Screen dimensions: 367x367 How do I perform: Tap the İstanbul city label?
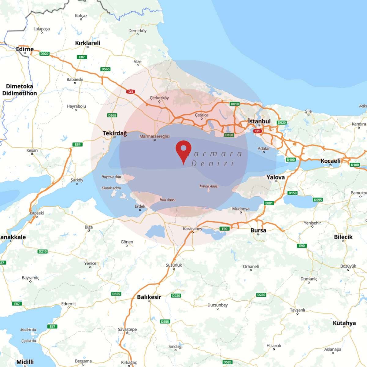pyautogui.click(x=259, y=121)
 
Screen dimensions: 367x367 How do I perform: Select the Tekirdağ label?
pyautogui.click(x=114, y=133)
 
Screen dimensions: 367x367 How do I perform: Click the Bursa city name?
pyautogui.click(x=258, y=230)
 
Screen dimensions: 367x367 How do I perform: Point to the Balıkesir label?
pyautogui.click(x=149, y=297)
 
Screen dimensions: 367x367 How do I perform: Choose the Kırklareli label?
pyautogui.click(x=88, y=43)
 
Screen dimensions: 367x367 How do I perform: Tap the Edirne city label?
pyautogui.click(x=25, y=49)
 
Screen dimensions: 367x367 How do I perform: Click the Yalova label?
pyautogui.click(x=275, y=177)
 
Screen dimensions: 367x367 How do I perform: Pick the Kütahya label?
pyautogui.click(x=344, y=323)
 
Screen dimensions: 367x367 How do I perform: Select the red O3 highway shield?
pyautogui.click(x=131, y=92)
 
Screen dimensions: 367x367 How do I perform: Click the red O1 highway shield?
pyautogui.click(x=257, y=131)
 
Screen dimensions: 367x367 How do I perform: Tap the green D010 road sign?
pyautogui.click(x=235, y=104)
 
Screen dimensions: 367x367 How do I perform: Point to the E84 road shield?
pyautogui.click(x=78, y=144)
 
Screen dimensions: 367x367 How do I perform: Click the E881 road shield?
pyautogui.click(x=269, y=203)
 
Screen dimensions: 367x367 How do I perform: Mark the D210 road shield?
pyautogui.click(x=43, y=251)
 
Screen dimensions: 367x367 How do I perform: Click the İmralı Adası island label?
pyautogui.click(x=209, y=186)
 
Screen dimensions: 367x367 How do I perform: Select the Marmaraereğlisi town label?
pyautogui.click(x=154, y=136)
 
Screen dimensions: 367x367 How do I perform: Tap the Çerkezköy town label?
pyautogui.click(x=159, y=98)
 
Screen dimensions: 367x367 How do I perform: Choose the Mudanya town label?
pyautogui.click(x=241, y=209)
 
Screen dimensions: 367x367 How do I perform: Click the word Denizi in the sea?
pyautogui.click(x=213, y=164)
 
